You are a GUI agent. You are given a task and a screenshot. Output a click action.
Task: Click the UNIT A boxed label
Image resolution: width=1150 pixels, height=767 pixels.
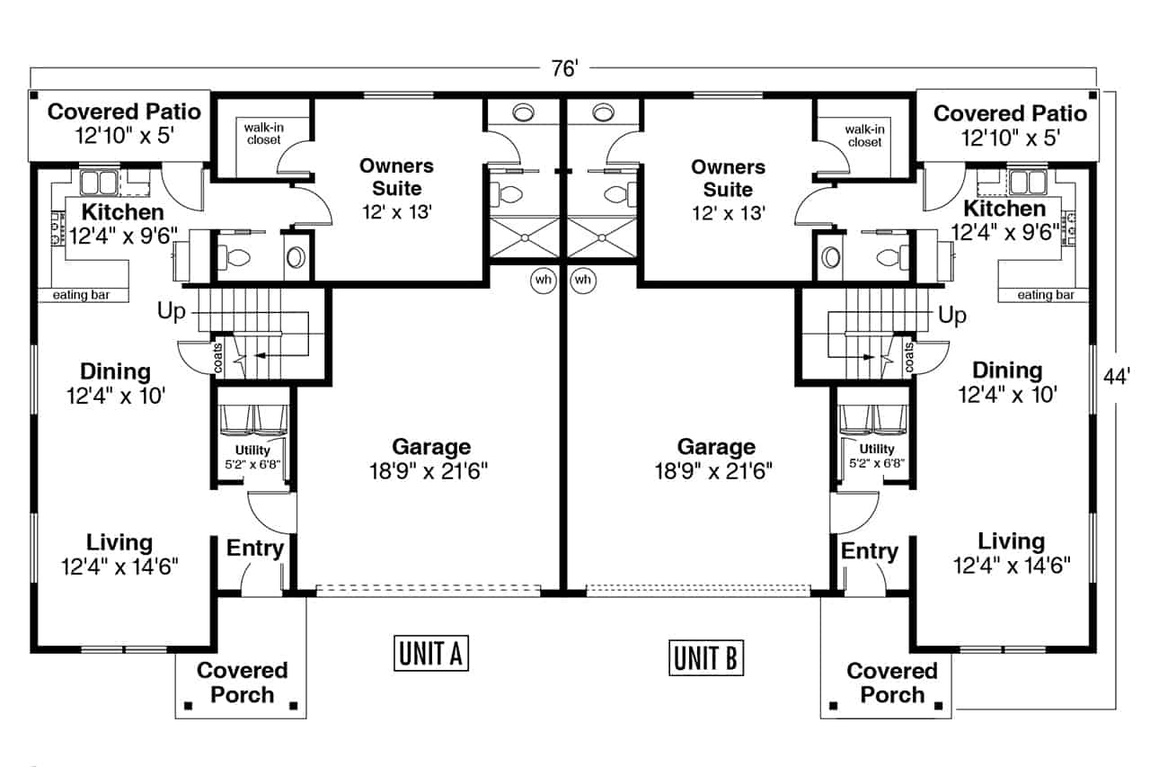coord(430,653)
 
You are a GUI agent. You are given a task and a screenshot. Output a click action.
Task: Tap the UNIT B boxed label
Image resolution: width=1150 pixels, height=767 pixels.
coord(706,657)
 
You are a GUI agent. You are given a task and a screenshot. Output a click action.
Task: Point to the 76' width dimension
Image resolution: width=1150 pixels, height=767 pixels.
coord(565,68)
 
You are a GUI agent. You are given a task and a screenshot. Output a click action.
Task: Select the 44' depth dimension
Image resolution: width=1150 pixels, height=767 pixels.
coord(1116,377)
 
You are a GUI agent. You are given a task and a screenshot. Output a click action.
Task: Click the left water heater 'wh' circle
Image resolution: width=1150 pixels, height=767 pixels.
coord(544,280)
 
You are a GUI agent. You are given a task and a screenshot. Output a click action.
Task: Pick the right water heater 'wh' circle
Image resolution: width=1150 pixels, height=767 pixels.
coord(583,280)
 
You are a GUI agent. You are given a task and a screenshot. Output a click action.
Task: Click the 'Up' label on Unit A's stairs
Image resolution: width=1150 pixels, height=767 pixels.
coord(171,311)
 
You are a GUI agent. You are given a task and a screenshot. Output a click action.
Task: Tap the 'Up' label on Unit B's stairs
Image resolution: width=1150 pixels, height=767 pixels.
coord(952,315)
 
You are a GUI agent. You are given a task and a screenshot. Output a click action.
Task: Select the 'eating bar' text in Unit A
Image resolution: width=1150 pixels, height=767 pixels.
coord(81,295)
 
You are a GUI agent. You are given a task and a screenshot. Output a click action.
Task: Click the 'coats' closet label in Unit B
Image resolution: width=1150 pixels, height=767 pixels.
coord(909,358)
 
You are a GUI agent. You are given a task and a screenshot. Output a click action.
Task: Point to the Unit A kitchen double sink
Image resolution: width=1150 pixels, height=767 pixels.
coord(99,183)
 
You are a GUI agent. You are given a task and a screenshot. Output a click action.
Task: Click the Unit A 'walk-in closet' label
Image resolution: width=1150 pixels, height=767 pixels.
coord(264,134)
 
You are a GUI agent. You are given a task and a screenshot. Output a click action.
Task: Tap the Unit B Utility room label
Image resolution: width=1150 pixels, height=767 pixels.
coord(877,456)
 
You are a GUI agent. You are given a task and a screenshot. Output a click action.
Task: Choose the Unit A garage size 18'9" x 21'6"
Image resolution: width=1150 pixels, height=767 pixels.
coord(429,470)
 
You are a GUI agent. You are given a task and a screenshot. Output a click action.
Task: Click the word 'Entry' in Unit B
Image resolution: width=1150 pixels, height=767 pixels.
coord(869,551)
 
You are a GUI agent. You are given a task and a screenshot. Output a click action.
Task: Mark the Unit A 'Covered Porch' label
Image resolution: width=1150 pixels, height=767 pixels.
coord(243,682)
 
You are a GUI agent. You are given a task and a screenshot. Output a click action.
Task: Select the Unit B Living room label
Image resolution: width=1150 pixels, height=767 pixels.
coord(1012,553)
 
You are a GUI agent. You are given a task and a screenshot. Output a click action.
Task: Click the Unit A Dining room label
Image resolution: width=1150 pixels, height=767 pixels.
coord(116,384)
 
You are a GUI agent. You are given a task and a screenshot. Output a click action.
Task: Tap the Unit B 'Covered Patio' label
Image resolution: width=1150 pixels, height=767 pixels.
coord(1011,126)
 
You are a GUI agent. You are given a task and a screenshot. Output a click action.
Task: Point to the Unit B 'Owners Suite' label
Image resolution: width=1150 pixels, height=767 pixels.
coord(728,190)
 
